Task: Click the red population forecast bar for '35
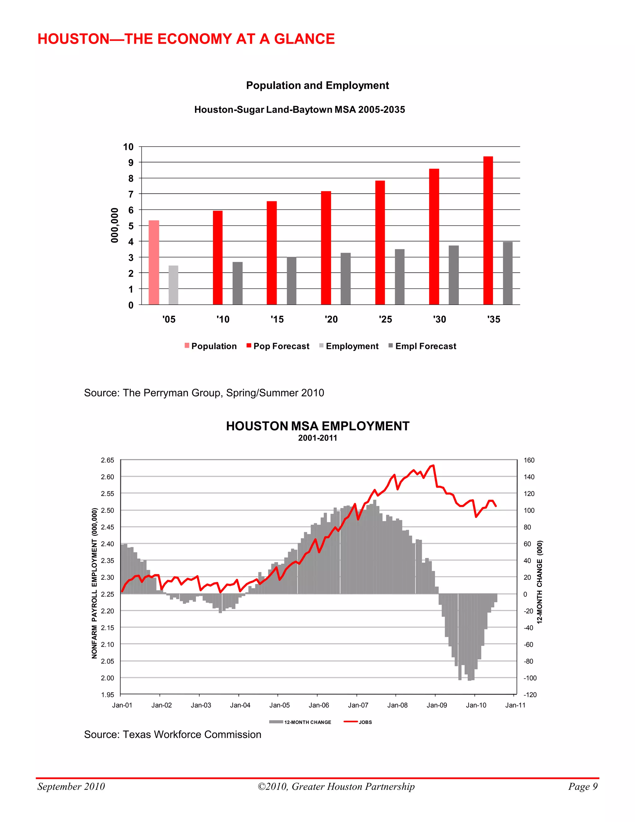[x=488, y=230]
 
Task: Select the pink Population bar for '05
[x=153, y=262]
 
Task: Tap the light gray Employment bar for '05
[x=173, y=285]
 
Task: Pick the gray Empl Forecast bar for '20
[x=345, y=279]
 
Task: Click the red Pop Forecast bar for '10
[x=217, y=257]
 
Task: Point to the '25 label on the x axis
[x=385, y=319]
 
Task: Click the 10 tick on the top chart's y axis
[x=128, y=147]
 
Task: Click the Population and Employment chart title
[x=317, y=85]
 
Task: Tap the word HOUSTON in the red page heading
[x=73, y=39]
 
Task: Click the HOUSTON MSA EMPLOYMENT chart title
[x=317, y=426]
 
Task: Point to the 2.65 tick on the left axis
[x=107, y=460]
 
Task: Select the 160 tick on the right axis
[x=529, y=460]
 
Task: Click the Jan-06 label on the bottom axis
[x=319, y=705]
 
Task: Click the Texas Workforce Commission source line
[x=172, y=734]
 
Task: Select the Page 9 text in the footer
[x=582, y=786]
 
